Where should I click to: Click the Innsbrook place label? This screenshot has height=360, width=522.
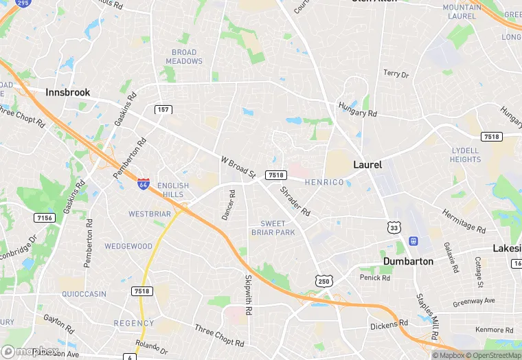tap(68, 92)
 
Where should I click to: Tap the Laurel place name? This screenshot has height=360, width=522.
tap(367, 165)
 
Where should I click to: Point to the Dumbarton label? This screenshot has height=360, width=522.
tap(408, 261)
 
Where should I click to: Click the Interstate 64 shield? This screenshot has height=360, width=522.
tap(143, 183)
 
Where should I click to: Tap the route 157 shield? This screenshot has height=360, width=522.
tap(163, 110)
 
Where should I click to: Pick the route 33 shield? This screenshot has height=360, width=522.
tap(394, 226)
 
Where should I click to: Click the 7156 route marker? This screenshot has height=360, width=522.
tap(44, 218)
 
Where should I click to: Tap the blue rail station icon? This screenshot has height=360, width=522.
tap(414, 241)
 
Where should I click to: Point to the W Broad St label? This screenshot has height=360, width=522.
tap(238, 166)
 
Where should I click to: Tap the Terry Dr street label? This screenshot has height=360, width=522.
tap(396, 74)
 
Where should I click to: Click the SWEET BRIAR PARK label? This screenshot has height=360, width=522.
tap(277, 228)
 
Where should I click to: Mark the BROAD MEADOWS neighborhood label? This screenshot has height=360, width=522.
tap(184, 56)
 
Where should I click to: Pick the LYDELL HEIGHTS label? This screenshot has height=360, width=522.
tap(466, 155)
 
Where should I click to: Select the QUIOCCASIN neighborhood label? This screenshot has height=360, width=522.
tap(84, 294)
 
